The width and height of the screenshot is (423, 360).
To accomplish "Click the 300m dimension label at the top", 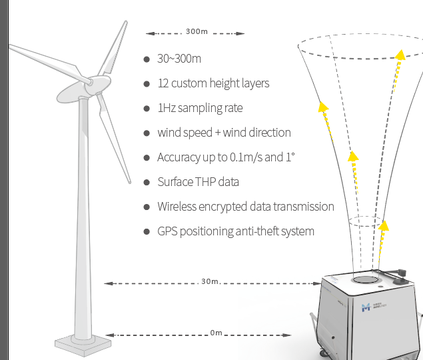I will [x=197, y=32].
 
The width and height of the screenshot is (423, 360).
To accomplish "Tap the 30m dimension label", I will [x=210, y=281].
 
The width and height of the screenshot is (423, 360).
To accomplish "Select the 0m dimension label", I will [x=216, y=333].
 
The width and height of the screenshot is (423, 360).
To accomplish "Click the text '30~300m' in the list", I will [x=179, y=59].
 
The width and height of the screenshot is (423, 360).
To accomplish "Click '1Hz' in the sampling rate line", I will [x=167, y=108].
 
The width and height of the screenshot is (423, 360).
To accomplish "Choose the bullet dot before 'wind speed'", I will [x=147, y=133].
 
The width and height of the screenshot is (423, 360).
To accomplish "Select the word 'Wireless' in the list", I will [x=177, y=207].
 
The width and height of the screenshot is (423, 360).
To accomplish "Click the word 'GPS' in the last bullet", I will [x=166, y=231].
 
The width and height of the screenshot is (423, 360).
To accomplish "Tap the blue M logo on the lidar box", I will [x=365, y=307].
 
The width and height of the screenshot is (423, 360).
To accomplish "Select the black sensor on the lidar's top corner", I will [x=402, y=275].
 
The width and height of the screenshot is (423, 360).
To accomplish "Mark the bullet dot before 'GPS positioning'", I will [x=147, y=231].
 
